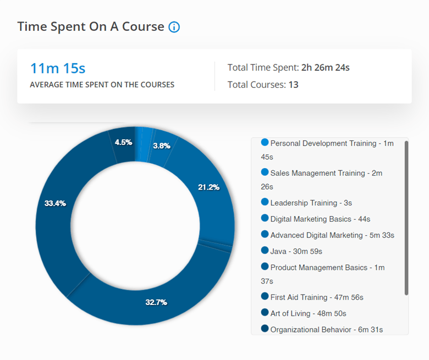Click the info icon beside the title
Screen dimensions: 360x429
pos(174,27)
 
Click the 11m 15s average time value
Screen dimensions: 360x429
pos(58,69)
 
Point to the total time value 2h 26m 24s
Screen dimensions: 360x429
pos(326,68)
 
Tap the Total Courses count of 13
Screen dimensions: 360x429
pos(293,85)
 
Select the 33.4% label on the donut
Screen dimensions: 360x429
pos(55,203)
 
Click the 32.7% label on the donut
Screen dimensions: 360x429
pos(156,302)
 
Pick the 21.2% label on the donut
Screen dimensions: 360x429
pos(208,187)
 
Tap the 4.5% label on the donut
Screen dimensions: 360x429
pos(123,142)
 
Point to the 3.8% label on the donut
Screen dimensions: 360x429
pos(161,146)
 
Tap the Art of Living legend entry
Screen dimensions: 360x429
pos(308,313)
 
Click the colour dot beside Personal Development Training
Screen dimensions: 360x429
pos(265,142)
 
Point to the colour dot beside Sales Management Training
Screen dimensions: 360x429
pos(265,173)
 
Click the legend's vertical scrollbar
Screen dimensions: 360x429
pos(406,217)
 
